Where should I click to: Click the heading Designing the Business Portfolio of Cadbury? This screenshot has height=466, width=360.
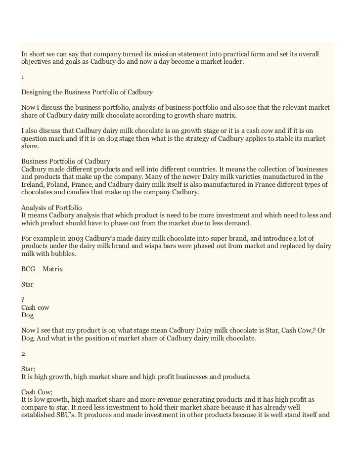pos(87,92)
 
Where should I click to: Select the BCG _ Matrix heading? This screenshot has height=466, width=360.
pos(42,270)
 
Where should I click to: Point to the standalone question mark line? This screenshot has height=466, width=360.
pos(23,299)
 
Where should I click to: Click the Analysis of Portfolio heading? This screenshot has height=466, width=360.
pos(52,208)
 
